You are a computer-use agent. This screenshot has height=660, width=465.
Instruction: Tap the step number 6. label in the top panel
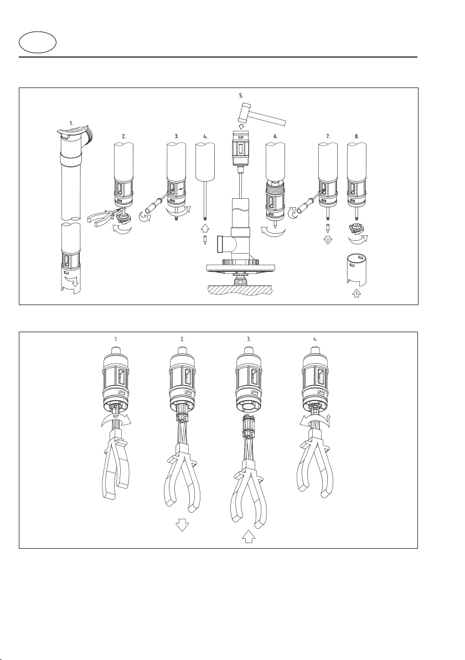coord(275,136)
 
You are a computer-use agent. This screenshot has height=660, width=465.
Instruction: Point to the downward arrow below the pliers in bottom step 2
coord(182,525)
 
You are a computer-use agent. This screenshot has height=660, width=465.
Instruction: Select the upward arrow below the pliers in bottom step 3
coord(249,535)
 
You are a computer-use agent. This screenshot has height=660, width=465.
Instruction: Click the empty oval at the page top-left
coord(38,43)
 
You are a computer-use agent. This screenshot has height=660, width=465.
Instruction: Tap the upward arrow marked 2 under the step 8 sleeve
coord(356,294)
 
